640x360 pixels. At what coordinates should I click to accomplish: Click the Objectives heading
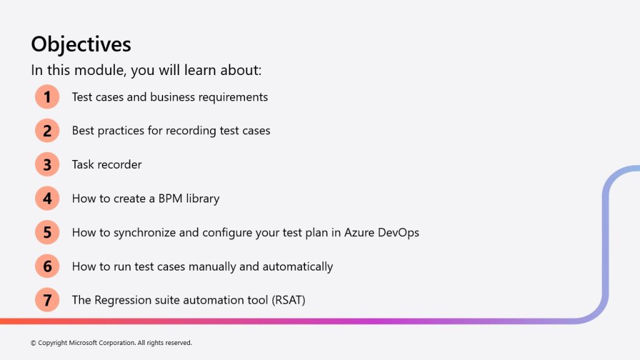point(81,44)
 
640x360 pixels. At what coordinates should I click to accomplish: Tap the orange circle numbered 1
point(47,97)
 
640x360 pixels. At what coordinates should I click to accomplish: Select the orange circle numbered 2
point(47,131)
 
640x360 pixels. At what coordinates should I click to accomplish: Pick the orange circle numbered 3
point(47,164)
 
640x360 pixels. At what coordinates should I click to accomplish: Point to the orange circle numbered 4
point(47,198)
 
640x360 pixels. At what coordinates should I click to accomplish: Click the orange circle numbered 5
point(47,232)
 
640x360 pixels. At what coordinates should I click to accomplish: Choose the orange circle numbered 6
point(47,266)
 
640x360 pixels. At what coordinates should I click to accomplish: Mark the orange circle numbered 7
point(47,300)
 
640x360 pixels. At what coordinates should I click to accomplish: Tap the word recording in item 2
point(191,131)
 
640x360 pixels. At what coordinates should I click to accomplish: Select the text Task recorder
point(107,164)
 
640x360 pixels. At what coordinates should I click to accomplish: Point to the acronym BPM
point(170,198)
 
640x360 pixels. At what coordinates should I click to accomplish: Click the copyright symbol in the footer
point(34,343)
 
